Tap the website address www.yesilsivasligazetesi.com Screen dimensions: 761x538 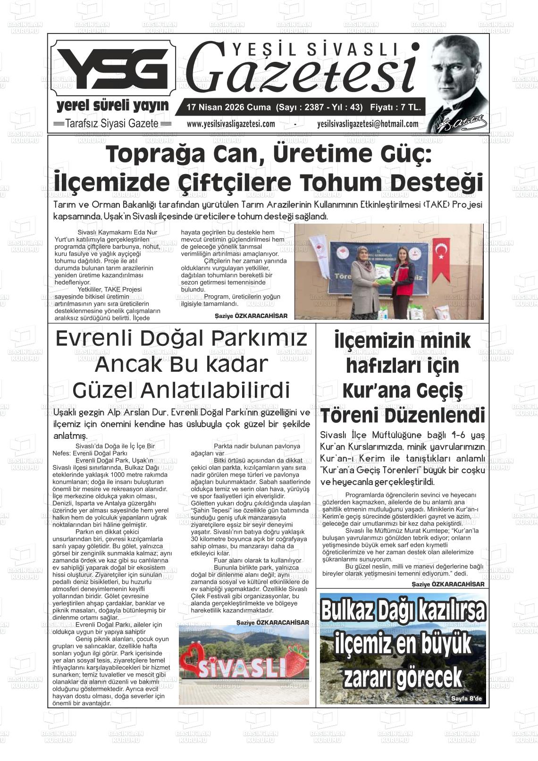pyautogui.click(x=231, y=124)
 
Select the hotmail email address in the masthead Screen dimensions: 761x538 pyautogui.click(x=368, y=124)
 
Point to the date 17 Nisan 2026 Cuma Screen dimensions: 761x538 pyautogui.click(x=228, y=108)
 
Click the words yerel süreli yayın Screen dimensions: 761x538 pyautogui.click(x=112, y=105)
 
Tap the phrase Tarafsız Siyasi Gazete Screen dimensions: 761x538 pyautogui.click(x=112, y=124)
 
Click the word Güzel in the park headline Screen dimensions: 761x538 pyautogui.click(x=103, y=390)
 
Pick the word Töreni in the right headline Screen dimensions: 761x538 pyautogui.click(x=350, y=416)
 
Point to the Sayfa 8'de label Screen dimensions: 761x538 pyautogui.click(x=466, y=699)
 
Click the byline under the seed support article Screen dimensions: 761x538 pyautogui.click(x=251, y=316)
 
